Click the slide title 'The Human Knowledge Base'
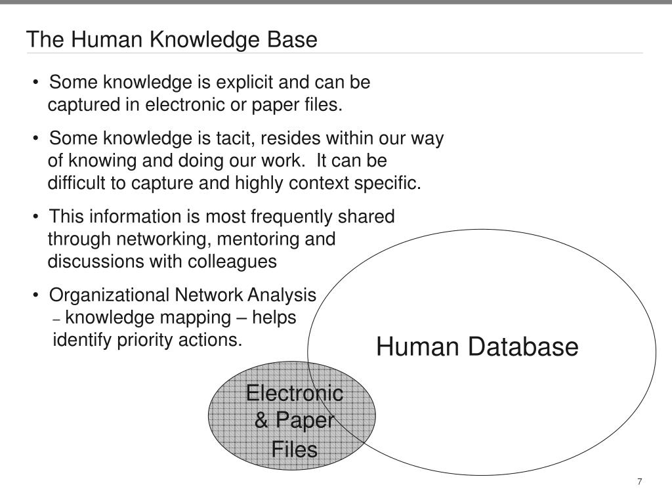pos(172,39)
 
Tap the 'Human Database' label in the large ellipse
pos(477,346)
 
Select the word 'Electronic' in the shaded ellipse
pos(294,394)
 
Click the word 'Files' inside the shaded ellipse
pos(295,450)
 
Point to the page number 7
pos(639,482)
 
